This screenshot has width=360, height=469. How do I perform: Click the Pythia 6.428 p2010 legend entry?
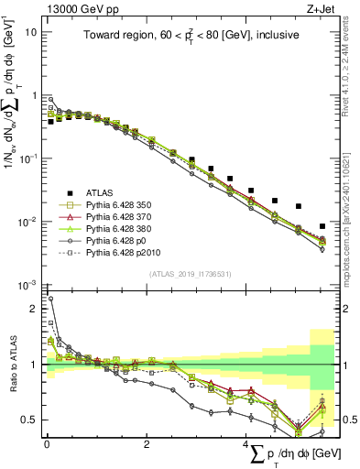[125, 256]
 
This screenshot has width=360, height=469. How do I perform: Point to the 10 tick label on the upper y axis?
[30, 32]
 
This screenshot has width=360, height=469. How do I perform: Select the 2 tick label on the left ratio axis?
[34, 309]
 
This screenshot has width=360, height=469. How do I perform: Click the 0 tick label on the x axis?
[47, 444]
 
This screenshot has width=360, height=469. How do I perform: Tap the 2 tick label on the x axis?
[147, 444]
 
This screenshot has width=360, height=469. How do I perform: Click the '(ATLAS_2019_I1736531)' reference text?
[189, 274]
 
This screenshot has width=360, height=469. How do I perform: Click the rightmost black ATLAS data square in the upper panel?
[322, 226]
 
